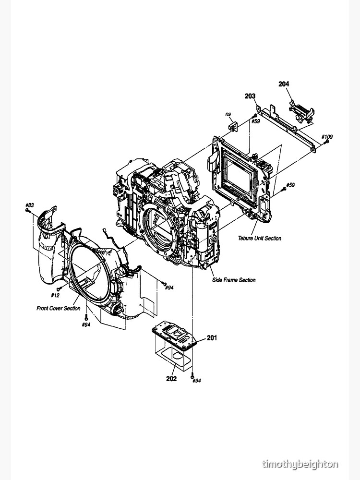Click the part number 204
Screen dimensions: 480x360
pos(284,84)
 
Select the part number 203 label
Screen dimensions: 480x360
pos(250,96)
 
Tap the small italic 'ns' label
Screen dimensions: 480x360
pos(228,114)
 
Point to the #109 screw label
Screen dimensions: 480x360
pos(327,137)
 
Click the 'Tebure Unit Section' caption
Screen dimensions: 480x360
pos(259,238)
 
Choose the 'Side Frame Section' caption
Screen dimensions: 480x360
pos(234,280)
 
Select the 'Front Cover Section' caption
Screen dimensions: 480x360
pos(59,308)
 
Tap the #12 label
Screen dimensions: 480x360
pos(55,295)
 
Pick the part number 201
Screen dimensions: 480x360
pos(212,338)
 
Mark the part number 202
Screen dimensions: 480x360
pos(171,378)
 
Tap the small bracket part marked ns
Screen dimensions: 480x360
pos(234,126)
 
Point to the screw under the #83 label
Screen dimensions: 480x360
pos(28,211)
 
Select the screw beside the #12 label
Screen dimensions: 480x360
pos(59,288)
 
